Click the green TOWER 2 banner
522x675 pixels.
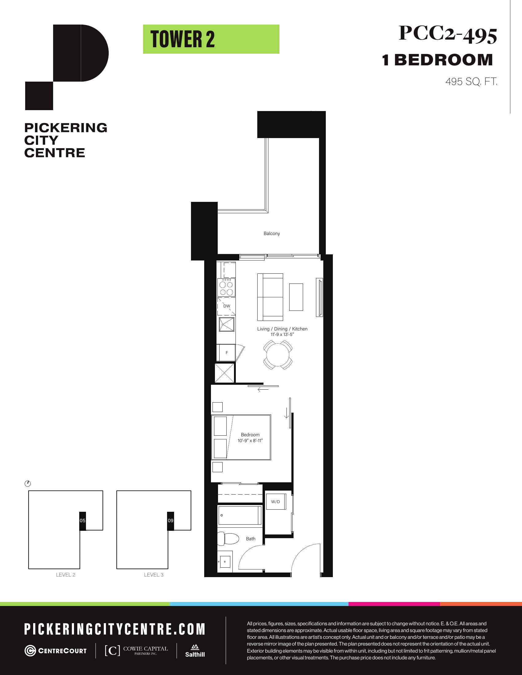coord(211,39)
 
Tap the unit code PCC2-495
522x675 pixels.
coord(448,34)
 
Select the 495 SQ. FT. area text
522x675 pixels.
coord(471,82)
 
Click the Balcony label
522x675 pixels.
coord(272,233)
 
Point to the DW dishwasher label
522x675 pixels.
coord(227,306)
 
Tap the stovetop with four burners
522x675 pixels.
coord(226,287)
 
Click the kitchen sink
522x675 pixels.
coord(227,325)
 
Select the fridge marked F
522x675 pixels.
coord(226,353)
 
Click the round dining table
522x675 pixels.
coord(278,355)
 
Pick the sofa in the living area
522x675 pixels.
coord(270,297)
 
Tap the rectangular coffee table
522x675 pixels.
coord(296,297)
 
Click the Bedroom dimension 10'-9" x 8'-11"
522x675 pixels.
coord(250,440)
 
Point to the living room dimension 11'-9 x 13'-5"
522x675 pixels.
coord(282,334)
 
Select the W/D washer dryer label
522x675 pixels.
coord(275,502)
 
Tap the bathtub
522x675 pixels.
coord(240,515)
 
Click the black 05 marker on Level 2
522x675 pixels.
coord(83,520)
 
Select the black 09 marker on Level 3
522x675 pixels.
coord(171,520)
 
